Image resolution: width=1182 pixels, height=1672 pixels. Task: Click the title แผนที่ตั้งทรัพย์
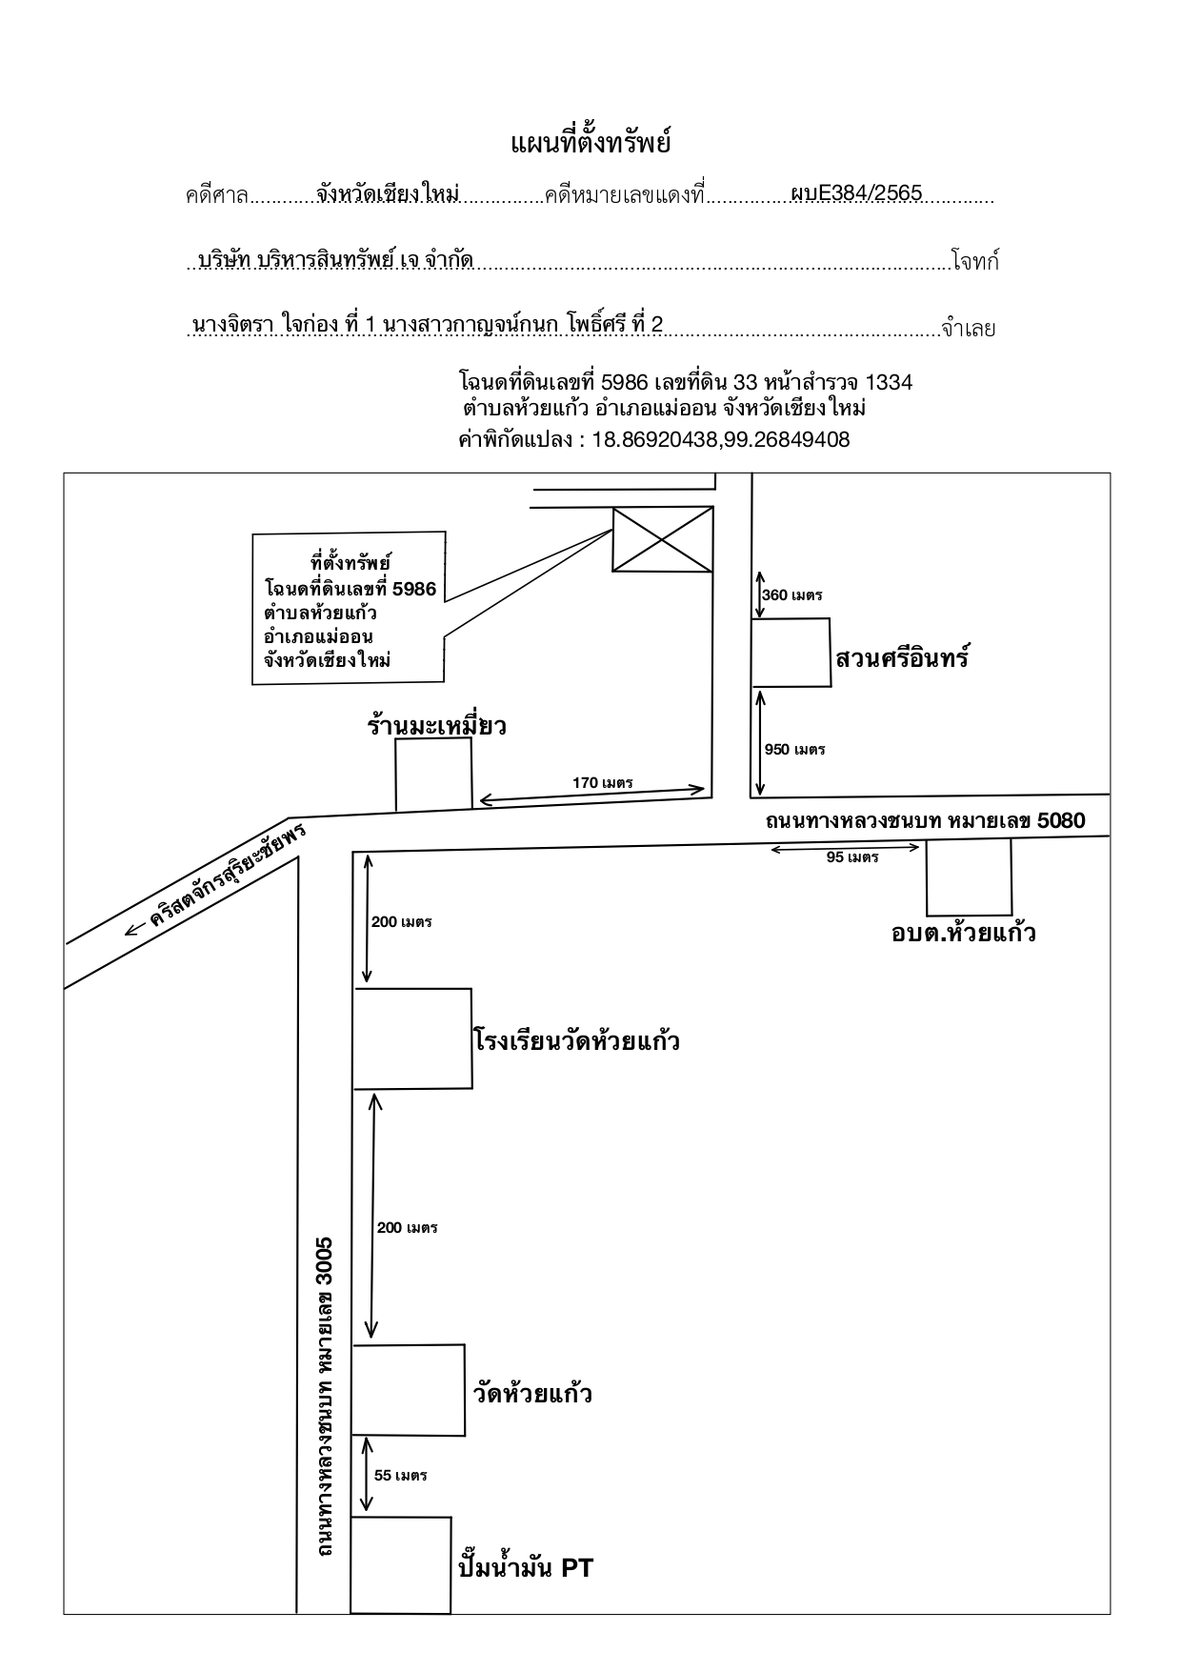591,144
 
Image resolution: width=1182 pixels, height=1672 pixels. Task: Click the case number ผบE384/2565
856,193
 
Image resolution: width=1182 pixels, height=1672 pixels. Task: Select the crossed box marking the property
662,539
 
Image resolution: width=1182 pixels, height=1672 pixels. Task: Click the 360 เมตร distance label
792,595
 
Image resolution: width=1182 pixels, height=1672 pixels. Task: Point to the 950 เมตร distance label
795,749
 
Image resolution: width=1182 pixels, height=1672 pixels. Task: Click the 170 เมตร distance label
603,782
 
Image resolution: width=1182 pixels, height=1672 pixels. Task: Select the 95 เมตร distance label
852,857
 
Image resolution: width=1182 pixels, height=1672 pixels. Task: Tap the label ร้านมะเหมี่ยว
436,726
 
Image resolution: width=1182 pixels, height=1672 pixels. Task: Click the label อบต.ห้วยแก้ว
964,932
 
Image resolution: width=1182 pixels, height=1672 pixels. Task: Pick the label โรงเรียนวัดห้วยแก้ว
576,1038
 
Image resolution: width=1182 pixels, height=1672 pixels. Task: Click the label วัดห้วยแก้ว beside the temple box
533,1393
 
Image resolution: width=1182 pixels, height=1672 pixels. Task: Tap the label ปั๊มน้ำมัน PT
526,1567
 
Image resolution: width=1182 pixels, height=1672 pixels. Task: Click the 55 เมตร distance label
401,1476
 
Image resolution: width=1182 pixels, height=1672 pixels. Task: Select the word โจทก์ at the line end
975,262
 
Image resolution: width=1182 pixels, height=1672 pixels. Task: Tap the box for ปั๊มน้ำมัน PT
401,1564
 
